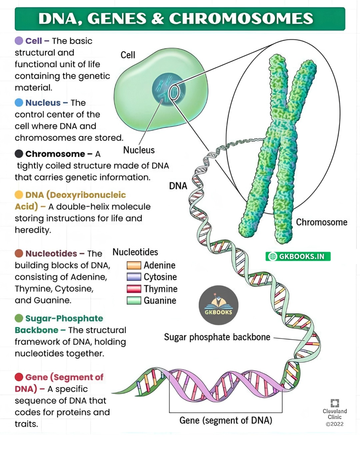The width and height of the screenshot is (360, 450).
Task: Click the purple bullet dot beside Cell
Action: click(19, 41)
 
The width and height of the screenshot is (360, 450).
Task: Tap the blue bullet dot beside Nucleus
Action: click(19, 102)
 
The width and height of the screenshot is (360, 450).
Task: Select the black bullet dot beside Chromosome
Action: click(19, 154)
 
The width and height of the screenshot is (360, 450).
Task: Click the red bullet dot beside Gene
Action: click(19, 377)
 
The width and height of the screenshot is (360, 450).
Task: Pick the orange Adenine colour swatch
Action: click(134, 265)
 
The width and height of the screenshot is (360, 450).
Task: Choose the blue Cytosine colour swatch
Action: click(134, 277)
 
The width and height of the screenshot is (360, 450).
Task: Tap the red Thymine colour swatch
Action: click(134, 289)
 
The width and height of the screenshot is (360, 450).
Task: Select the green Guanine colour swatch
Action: click(134, 300)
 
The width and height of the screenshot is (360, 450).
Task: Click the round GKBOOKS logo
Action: click(218, 305)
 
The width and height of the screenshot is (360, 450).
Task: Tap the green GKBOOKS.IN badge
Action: click(298, 256)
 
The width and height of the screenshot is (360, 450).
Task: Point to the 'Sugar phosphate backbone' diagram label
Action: click(217, 337)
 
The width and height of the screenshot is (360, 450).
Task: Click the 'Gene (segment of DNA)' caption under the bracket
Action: click(226, 420)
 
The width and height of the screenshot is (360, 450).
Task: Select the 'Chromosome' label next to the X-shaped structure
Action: click(322, 222)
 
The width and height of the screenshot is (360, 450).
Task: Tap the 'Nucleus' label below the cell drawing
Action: click(139, 150)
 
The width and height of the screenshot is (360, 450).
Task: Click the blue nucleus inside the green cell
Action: click(169, 89)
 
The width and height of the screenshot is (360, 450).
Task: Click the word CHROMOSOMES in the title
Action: click(241, 18)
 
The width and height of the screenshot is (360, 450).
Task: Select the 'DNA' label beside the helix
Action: click(178, 186)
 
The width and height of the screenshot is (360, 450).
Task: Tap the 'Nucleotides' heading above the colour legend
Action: click(135, 252)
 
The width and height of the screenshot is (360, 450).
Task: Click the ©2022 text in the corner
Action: click(335, 424)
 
